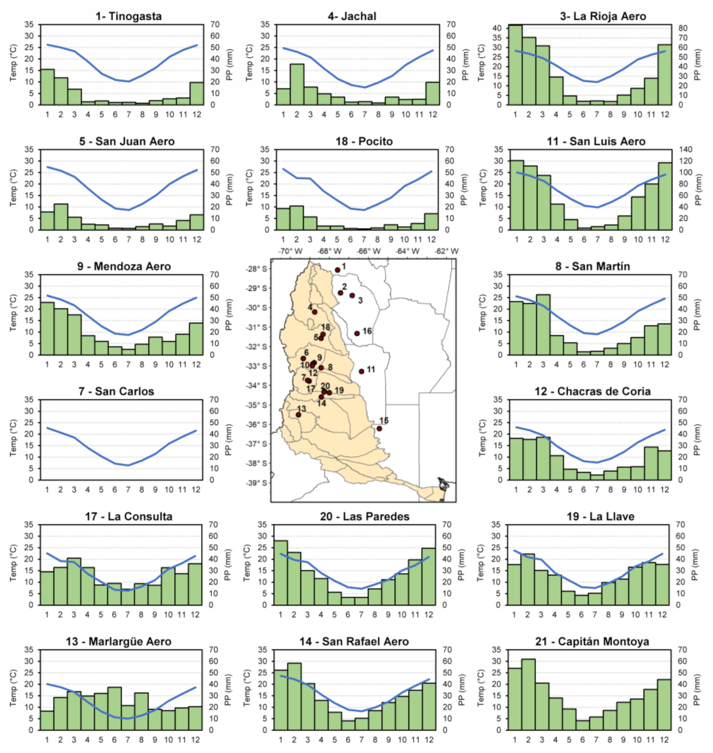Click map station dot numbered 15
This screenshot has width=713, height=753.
pos(379,429)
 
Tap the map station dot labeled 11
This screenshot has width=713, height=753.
pos(362,371)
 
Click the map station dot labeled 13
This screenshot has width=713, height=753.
pos(298,415)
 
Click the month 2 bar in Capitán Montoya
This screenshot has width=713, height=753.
pos(528,694)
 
